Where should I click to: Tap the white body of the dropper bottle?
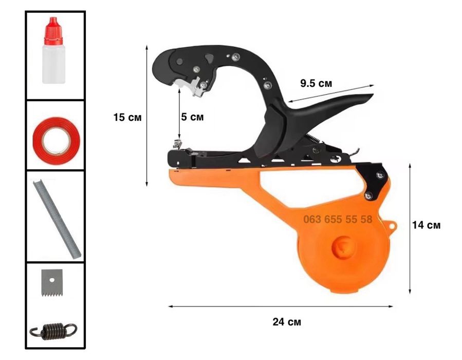pos(53,64)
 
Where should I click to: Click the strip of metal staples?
pos(56,219)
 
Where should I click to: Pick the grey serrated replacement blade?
pos(52,283)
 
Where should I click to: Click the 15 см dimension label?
pos(127,117)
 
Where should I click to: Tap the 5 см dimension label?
pos(192,117)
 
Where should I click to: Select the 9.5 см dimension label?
pos(316,83)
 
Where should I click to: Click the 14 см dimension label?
pos(426,225)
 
